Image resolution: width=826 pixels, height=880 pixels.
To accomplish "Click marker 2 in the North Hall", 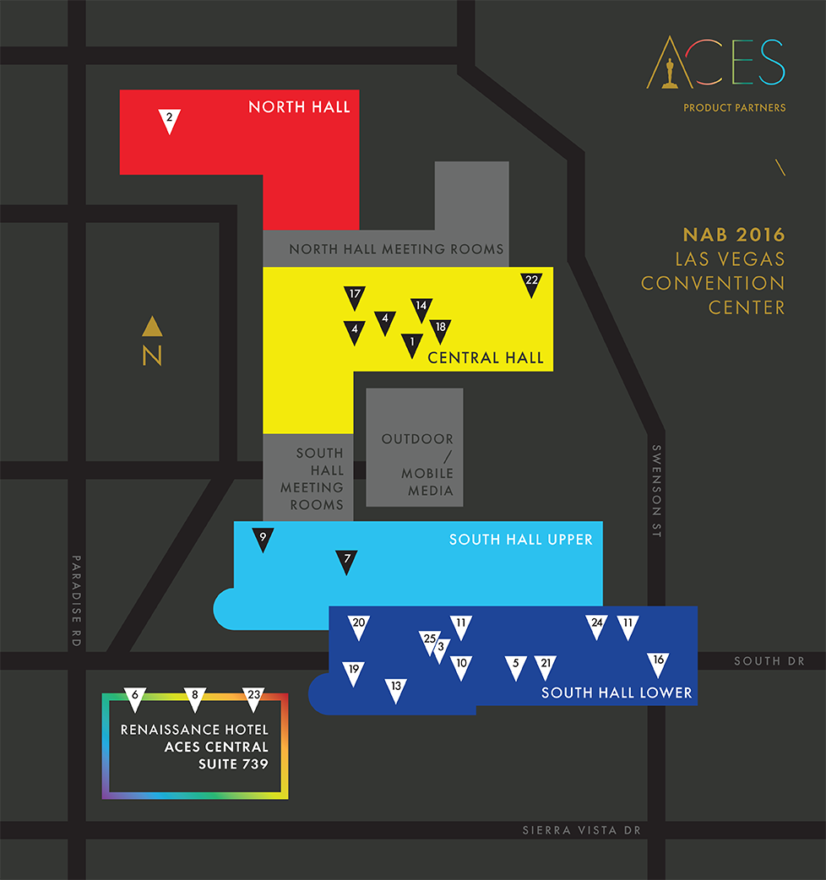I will (170, 120).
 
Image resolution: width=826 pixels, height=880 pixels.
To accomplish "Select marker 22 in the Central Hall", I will (531, 284).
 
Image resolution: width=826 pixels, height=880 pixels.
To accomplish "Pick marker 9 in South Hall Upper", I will (264, 540).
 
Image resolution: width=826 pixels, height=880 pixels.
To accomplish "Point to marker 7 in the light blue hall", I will (346, 562).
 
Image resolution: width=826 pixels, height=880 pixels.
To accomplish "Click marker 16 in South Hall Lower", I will (659, 664).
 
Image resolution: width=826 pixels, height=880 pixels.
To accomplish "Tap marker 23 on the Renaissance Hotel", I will (253, 698).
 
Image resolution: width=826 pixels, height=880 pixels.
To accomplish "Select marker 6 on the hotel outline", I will (135, 698).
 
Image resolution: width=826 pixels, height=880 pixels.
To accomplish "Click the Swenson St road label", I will (656, 492).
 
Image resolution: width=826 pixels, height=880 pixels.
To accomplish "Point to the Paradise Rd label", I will (76, 600).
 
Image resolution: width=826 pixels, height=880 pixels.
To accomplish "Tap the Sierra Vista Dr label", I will (582, 831).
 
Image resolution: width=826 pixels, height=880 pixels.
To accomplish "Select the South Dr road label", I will (769, 661).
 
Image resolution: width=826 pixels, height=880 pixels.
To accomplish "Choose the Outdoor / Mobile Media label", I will (417, 464).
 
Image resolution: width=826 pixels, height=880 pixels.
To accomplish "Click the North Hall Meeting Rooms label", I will (396, 249).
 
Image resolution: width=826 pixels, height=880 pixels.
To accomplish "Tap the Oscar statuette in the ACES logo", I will (670, 63).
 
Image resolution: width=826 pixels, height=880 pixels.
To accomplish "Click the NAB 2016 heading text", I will (734, 235).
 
